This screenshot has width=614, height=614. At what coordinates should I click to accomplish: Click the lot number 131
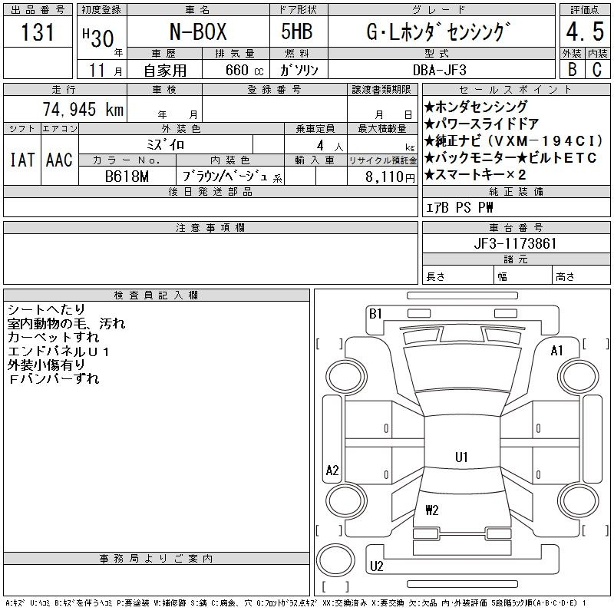[38, 31]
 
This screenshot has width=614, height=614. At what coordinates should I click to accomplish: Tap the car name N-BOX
[198, 31]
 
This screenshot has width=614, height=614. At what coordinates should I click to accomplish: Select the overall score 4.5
[585, 31]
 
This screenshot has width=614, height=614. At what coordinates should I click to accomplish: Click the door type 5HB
[297, 31]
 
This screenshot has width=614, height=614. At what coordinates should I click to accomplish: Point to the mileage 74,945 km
[83, 109]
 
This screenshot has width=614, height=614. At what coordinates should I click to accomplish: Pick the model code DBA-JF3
[440, 70]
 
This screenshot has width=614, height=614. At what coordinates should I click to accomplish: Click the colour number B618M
[127, 177]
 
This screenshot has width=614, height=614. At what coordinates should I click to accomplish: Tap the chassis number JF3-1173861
[515, 243]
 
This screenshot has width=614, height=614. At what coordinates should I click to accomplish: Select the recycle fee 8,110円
[390, 177]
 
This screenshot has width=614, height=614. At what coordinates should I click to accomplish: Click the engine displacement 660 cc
[245, 70]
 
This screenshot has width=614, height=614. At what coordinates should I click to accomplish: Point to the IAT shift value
[22, 160]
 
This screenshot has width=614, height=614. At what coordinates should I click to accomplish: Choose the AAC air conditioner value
[59, 160]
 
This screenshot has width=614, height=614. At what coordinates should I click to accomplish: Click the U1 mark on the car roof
[462, 457]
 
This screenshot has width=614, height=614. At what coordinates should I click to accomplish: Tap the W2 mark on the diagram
[432, 510]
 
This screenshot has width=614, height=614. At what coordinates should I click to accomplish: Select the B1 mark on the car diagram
[375, 314]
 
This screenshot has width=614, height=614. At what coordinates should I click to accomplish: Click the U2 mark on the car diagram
[376, 566]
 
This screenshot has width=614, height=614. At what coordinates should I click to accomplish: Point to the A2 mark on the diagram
[332, 470]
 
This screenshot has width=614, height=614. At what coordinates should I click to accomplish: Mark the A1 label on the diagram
[557, 351]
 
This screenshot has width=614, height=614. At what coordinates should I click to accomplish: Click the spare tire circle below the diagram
[335, 560]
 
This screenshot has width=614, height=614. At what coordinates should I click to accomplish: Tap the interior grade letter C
[597, 70]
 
